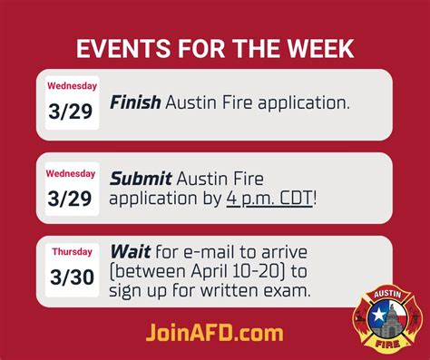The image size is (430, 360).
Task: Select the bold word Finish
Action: coord(136,102)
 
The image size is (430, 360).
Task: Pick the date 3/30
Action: coord(72,276)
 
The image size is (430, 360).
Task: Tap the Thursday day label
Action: coord(72,251)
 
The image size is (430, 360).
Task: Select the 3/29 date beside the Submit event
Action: coord(72,198)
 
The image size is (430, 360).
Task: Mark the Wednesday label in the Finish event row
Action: coord(72,87)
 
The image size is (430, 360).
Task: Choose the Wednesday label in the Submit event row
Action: coord(72,173)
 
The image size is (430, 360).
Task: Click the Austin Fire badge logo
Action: coord(387,318)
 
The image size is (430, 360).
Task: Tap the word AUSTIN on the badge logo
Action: coord(387,296)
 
